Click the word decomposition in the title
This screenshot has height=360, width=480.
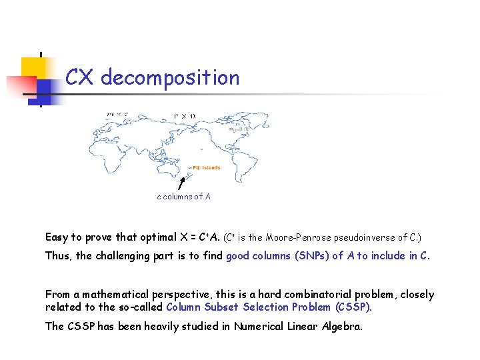(170, 78)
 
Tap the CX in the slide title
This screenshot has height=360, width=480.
(80, 78)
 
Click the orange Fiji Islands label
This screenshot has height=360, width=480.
(206, 168)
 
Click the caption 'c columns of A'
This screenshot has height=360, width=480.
(183, 197)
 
